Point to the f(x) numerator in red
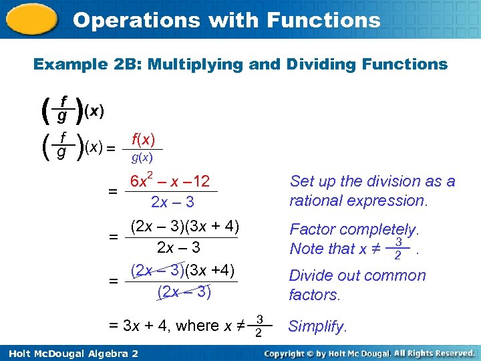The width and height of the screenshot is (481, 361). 143,140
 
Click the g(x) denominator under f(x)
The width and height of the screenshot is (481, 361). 142,158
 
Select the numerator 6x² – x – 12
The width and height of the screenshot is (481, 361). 170,181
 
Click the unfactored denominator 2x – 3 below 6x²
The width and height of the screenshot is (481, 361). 172,201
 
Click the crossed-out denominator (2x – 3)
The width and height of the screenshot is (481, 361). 184,291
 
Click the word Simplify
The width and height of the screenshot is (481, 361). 317,327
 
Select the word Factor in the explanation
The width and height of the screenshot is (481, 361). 311,229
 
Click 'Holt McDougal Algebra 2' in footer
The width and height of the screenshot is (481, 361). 71,352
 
